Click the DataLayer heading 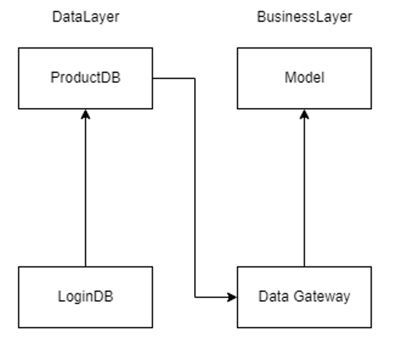point(85,17)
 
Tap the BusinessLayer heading point(304,17)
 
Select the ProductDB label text point(85,78)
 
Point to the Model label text point(304,78)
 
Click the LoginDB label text point(85,296)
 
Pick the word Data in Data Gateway point(271,296)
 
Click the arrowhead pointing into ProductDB point(85,114)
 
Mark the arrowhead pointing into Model point(304,114)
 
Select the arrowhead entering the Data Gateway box point(233,297)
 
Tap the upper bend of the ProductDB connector point(195,79)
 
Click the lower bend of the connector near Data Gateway point(195,297)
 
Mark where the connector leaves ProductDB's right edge point(153,79)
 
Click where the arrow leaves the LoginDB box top point(85,266)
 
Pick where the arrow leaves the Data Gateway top point(304,266)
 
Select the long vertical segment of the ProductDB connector point(195,187)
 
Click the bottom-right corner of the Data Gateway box point(371,327)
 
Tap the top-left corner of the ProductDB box point(19,48)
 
